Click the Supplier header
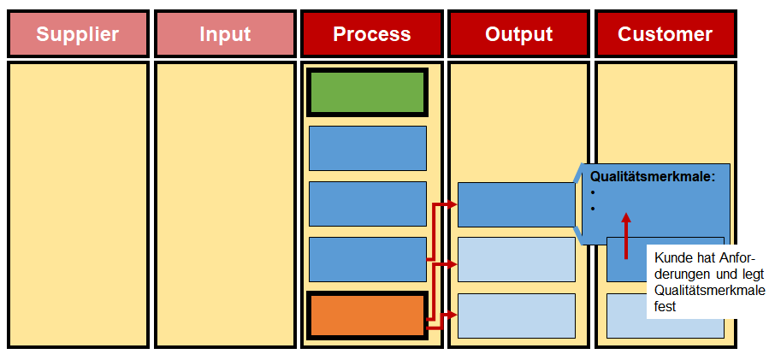78,34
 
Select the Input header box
225,34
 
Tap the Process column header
372,34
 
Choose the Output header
518,34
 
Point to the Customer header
666,34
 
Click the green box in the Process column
367,92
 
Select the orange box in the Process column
367,316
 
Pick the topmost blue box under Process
368,148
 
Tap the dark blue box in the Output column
517,204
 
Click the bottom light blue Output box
517,316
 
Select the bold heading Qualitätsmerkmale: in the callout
653,177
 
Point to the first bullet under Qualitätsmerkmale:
592,193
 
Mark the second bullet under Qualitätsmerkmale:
592,209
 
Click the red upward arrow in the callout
626,236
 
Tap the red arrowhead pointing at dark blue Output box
452,204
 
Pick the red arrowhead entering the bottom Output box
452,314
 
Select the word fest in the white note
665,306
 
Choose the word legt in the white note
754,274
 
